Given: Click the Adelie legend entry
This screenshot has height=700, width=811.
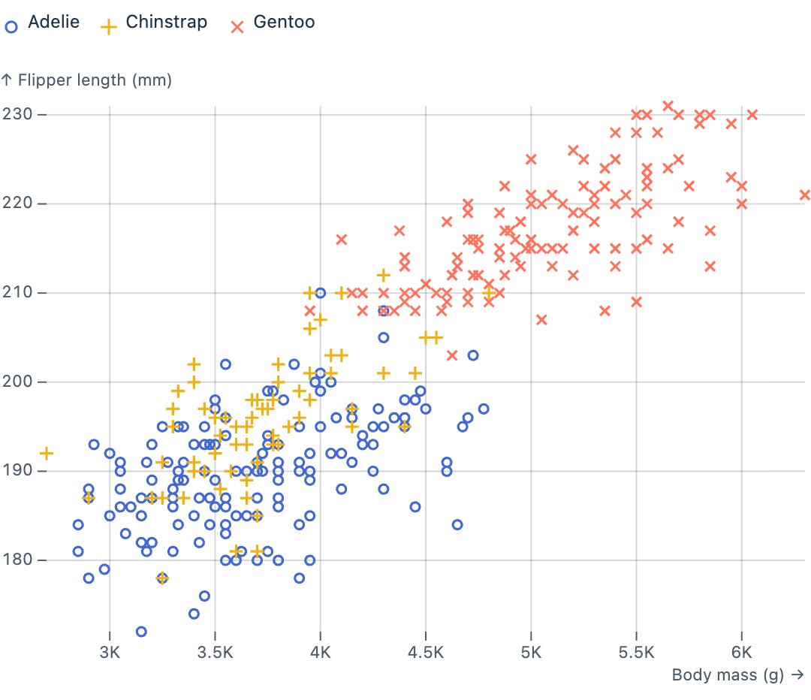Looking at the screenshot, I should coord(43,23).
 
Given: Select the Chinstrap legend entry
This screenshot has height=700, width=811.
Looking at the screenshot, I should coord(155,23).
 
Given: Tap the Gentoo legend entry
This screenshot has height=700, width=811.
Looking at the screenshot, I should coord(273,23).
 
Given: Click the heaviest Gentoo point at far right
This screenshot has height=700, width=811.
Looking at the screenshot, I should coord(805,195).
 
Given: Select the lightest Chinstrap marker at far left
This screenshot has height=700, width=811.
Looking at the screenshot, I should coord(47,454).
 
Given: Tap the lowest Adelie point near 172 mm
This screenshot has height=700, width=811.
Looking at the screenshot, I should coord(141,632).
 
